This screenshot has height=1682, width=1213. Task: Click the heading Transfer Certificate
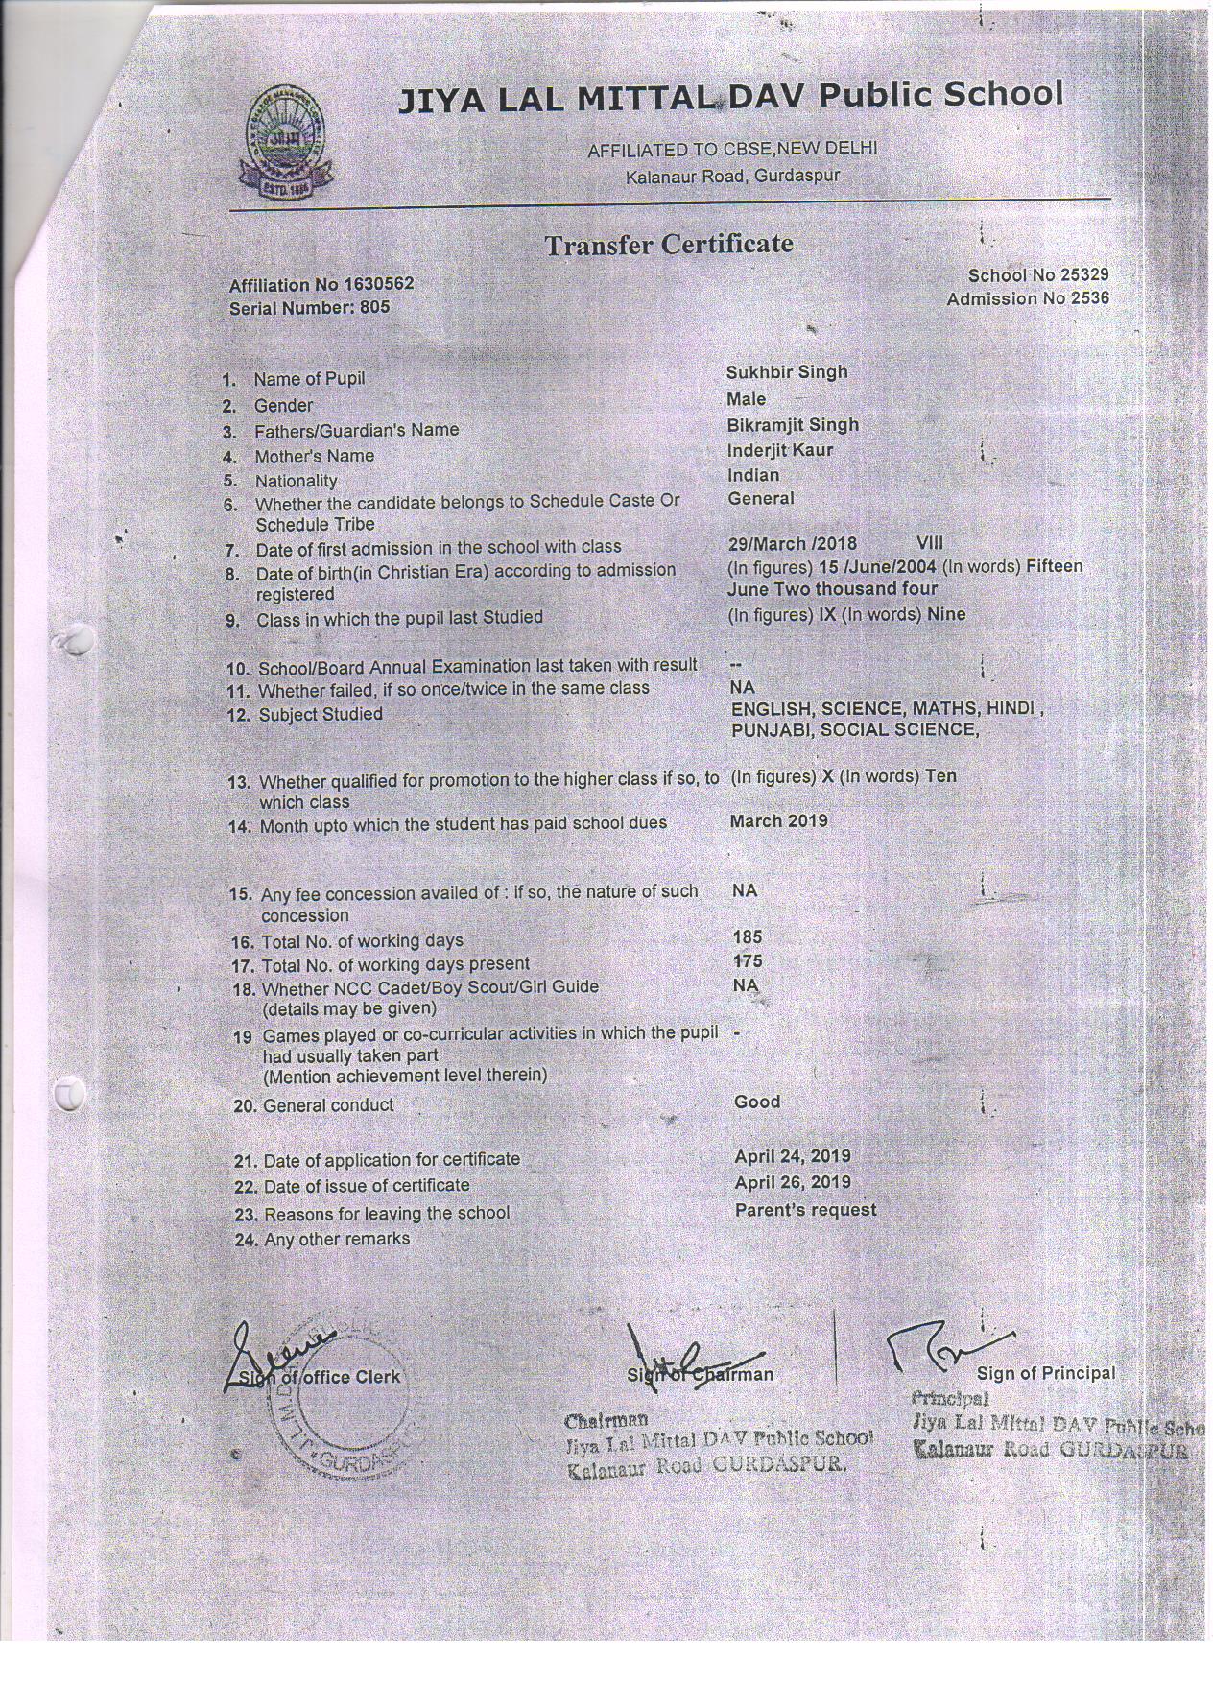pos(669,245)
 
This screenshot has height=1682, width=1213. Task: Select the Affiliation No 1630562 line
pos(321,285)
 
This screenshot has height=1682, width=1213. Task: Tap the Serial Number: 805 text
pos(309,309)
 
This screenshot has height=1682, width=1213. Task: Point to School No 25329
pos(1038,275)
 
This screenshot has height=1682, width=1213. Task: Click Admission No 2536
pos(1027,298)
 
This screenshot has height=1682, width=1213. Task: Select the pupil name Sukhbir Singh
pos(787,372)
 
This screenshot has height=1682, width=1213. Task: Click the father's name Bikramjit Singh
pos(793,425)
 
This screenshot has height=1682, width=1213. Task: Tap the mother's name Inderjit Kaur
pos(780,450)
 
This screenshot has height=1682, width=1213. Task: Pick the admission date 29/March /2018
pos(793,544)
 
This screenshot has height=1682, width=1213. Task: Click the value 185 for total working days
pos(747,936)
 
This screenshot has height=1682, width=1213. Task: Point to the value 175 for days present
pos(747,960)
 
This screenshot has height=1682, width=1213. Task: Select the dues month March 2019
pos(778,821)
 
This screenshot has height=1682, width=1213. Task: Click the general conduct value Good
pos(757,1102)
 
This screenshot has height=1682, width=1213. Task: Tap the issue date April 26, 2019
pos(792,1182)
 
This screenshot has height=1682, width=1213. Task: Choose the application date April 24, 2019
pos(792,1156)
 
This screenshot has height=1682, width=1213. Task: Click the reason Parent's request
pos(805,1210)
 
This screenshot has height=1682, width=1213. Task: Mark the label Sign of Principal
pos(1046,1374)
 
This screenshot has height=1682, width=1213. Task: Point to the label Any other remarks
pos(336,1239)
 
